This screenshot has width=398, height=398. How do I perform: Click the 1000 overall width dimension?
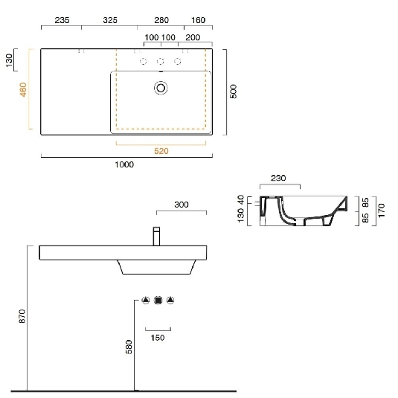[x=124, y=164]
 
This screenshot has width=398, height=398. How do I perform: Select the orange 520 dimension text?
[x=161, y=151]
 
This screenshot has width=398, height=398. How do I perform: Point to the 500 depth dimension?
[x=233, y=92]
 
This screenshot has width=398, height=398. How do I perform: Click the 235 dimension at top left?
[x=62, y=20]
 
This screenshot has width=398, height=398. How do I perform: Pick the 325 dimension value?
[x=109, y=20]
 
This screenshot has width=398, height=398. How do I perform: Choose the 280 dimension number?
[x=161, y=20]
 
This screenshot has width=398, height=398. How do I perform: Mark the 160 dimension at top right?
[x=198, y=20]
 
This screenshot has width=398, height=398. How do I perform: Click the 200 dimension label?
[x=192, y=36]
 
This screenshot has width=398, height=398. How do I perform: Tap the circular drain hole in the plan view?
[x=160, y=89]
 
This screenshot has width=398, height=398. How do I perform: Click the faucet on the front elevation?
[x=157, y=237]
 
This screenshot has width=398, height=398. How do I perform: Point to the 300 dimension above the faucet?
[x=181, y=204]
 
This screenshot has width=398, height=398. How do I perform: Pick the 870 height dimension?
[x=22, y=315]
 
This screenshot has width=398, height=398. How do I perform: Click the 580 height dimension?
[x=128, y=347]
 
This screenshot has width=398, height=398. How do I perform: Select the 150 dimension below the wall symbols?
[x=158, y=337]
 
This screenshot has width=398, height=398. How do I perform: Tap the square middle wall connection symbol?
[x=158, y=301]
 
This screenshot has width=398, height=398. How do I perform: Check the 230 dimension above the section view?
[x=279, y=178]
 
